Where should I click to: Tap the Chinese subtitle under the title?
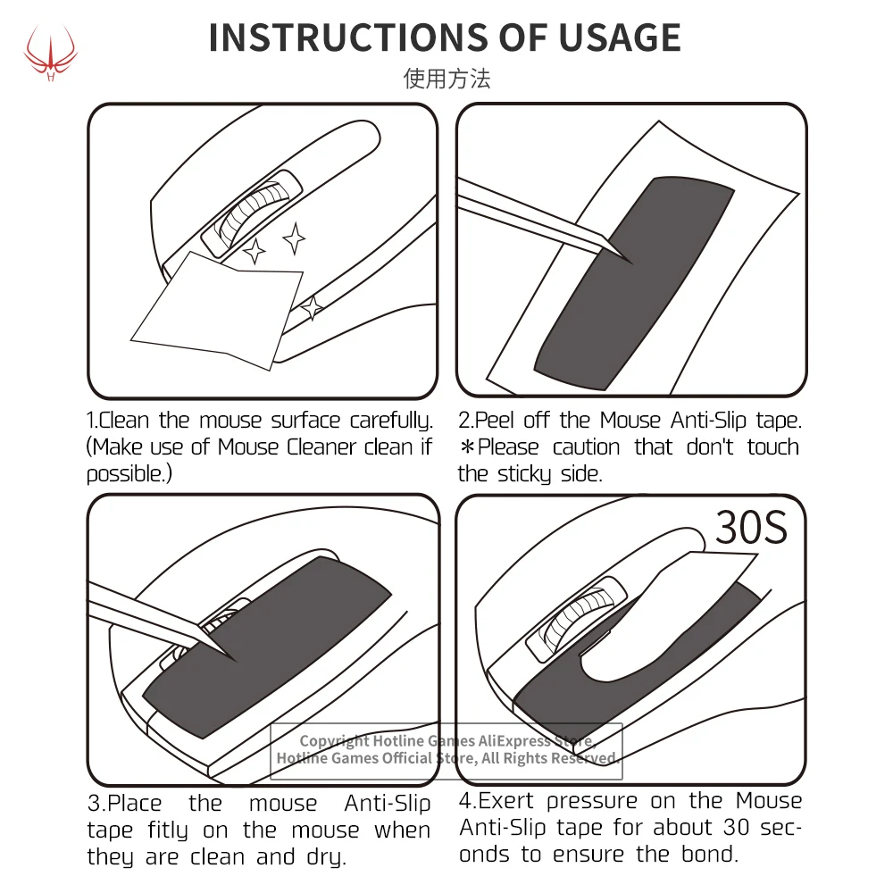(446, 79)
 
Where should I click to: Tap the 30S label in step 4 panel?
(751, 529)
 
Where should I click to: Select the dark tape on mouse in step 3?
(268, 652)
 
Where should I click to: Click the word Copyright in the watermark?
(334, 741)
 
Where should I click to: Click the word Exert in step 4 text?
(509, 801)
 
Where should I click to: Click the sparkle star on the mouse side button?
(313, 308)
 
